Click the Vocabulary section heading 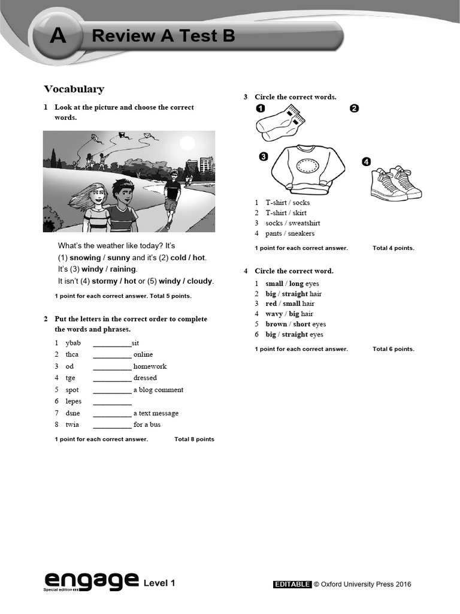tap(74, 89)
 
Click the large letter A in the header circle tap(58, 37)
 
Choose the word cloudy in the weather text tap(199, 281)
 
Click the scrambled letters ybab tap(73, 343)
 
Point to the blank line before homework tap(112, 366)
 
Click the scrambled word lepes tap(73, 401)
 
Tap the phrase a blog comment tap(158, 390)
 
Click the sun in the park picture tap(187, 143)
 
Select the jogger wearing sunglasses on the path tap(172, 195)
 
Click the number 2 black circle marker tap(354, 109)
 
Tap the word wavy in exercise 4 tap(274, 314)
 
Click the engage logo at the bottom tap(90, 580)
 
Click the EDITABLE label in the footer tap(292, 585)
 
